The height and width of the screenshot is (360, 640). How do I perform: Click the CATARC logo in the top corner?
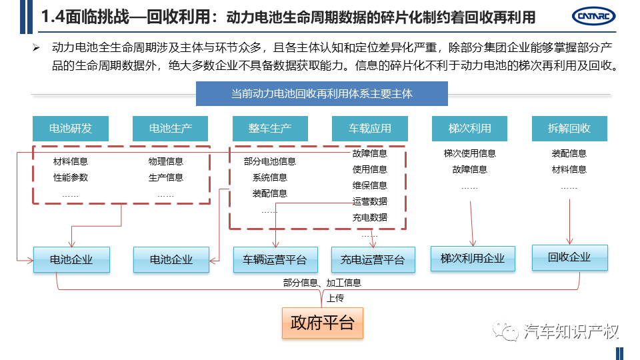[x=593, y=16]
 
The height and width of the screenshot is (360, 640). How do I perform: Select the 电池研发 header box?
[x=71, y=129]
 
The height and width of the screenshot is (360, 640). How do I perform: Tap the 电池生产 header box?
[x=170, y=129]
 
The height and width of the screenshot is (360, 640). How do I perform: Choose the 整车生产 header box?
[x=270, y=129]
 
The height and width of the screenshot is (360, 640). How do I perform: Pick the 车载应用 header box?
[x=370, y=129]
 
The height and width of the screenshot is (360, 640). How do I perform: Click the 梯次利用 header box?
[x=469, y=129]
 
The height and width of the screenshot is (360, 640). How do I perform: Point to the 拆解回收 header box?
[x=569, y=129]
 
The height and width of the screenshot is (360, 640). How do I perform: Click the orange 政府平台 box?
[x=323, y=323]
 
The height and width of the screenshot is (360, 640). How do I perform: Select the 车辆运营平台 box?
[x=275, y=259]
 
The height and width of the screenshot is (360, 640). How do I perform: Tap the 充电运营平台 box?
[x=373, y=259]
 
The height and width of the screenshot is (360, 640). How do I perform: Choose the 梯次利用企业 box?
[x=473, y=259]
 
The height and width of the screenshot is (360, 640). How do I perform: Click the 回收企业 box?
[x=570, y=257]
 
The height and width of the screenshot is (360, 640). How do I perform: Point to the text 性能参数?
[x=71, y=177]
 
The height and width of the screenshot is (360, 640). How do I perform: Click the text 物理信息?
[x=166, y=161]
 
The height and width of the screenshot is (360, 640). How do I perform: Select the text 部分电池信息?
[x=270, y=161]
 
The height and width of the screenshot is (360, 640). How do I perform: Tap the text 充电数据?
[x=370, y=217]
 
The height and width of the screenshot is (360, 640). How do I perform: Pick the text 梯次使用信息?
[x=470, y=153]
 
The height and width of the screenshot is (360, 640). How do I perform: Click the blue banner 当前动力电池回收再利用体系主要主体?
[x=321, y=94]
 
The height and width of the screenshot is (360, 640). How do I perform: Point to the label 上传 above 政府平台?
[x=335, y=299]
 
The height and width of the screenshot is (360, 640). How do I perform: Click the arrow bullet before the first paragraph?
[x=36, y=48]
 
